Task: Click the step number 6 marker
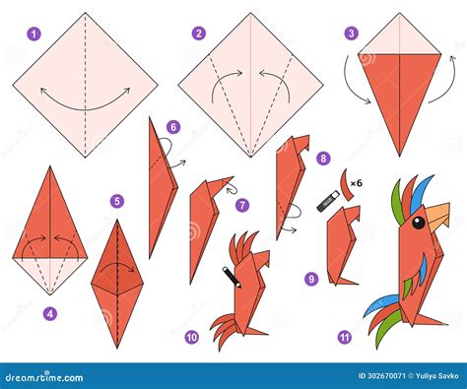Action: click(x=172, y=127)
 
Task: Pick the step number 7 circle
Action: click(x=242, y=205)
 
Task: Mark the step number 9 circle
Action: click(x=311, y=279)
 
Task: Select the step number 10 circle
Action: click(x=191, y=337)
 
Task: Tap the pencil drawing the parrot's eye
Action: click(x=232, y=276)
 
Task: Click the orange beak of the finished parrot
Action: click(x=437, y=214)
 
